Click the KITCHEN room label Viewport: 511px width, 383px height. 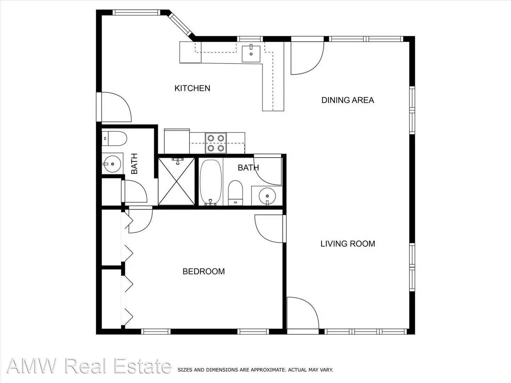pos(192,88)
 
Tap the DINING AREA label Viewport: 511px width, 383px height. pos(347,100)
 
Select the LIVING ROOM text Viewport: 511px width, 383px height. pos(348,244)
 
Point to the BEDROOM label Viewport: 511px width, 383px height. pos(203,271)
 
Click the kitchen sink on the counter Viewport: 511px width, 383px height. pos(251,54)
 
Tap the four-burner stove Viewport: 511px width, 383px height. pos(216,143)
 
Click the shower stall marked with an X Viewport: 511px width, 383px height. pos(176,181)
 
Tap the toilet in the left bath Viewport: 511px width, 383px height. pos(114,139)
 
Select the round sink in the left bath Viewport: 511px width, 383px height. pos(112,164)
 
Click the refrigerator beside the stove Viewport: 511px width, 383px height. pos(177,141)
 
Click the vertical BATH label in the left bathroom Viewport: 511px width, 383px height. pos(134,164)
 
